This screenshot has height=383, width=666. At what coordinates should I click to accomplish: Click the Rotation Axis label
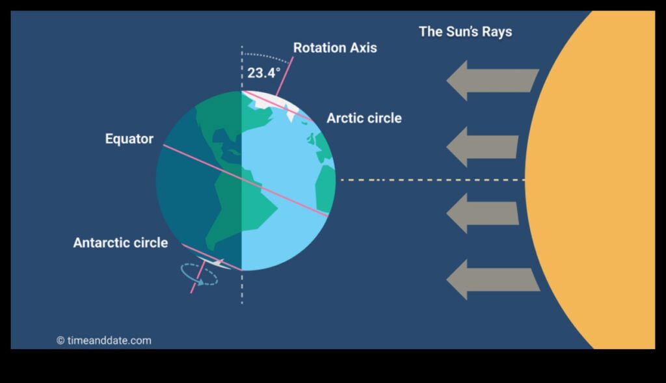[x=334, y=47]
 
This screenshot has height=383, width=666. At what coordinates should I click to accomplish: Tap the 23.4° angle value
[x=263, y=72]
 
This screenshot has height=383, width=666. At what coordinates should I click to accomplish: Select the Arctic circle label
[x=364, y=118]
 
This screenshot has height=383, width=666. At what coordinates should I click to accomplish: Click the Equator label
[x=129, y=139]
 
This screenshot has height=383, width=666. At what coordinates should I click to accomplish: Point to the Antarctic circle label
[x=120, y=243]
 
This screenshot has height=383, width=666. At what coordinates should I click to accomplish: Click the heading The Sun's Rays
[x=465, y=31]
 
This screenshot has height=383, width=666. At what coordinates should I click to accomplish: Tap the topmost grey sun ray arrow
[x=492, y=81]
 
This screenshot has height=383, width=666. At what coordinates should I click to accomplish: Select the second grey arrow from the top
[x=482, y=147]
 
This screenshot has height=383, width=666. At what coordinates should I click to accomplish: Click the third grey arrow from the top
[x=482, y=213]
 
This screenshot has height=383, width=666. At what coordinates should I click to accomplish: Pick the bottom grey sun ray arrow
[x=492, y=280]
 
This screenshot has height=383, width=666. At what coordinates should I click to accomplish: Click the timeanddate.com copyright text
[x=104, y=340]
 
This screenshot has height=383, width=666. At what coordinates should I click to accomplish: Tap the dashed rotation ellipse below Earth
[x=199, y=274]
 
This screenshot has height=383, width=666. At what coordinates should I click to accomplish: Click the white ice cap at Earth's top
[x=280, y=101]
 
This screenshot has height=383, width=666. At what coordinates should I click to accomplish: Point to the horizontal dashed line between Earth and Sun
[x=429, y=179]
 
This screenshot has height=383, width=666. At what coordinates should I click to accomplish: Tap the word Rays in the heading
[x=497, y=31]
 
